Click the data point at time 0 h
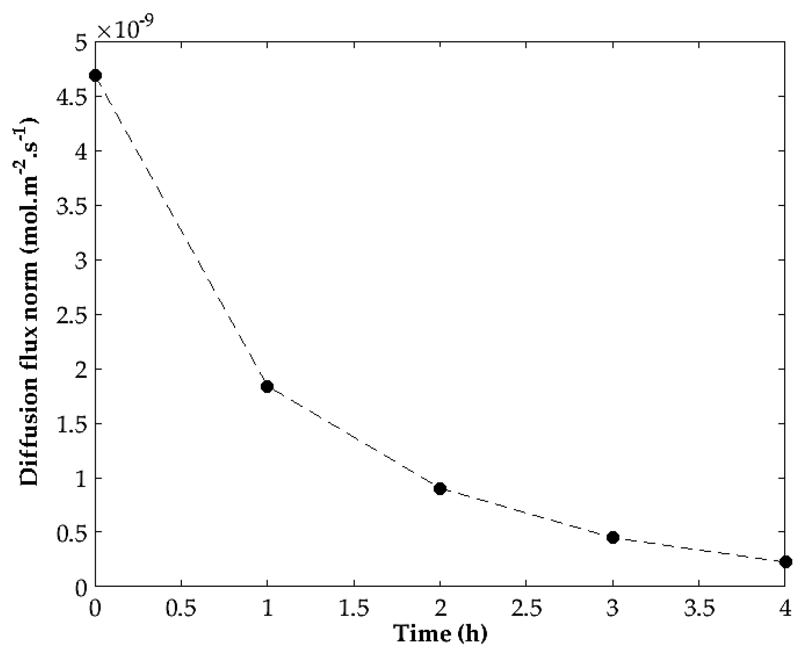pos(95,75)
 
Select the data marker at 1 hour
pos(267,386)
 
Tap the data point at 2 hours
pos(440,489)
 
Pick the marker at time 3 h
pos(613,538)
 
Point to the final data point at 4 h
pos(786,562)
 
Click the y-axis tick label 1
pos(82,478)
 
